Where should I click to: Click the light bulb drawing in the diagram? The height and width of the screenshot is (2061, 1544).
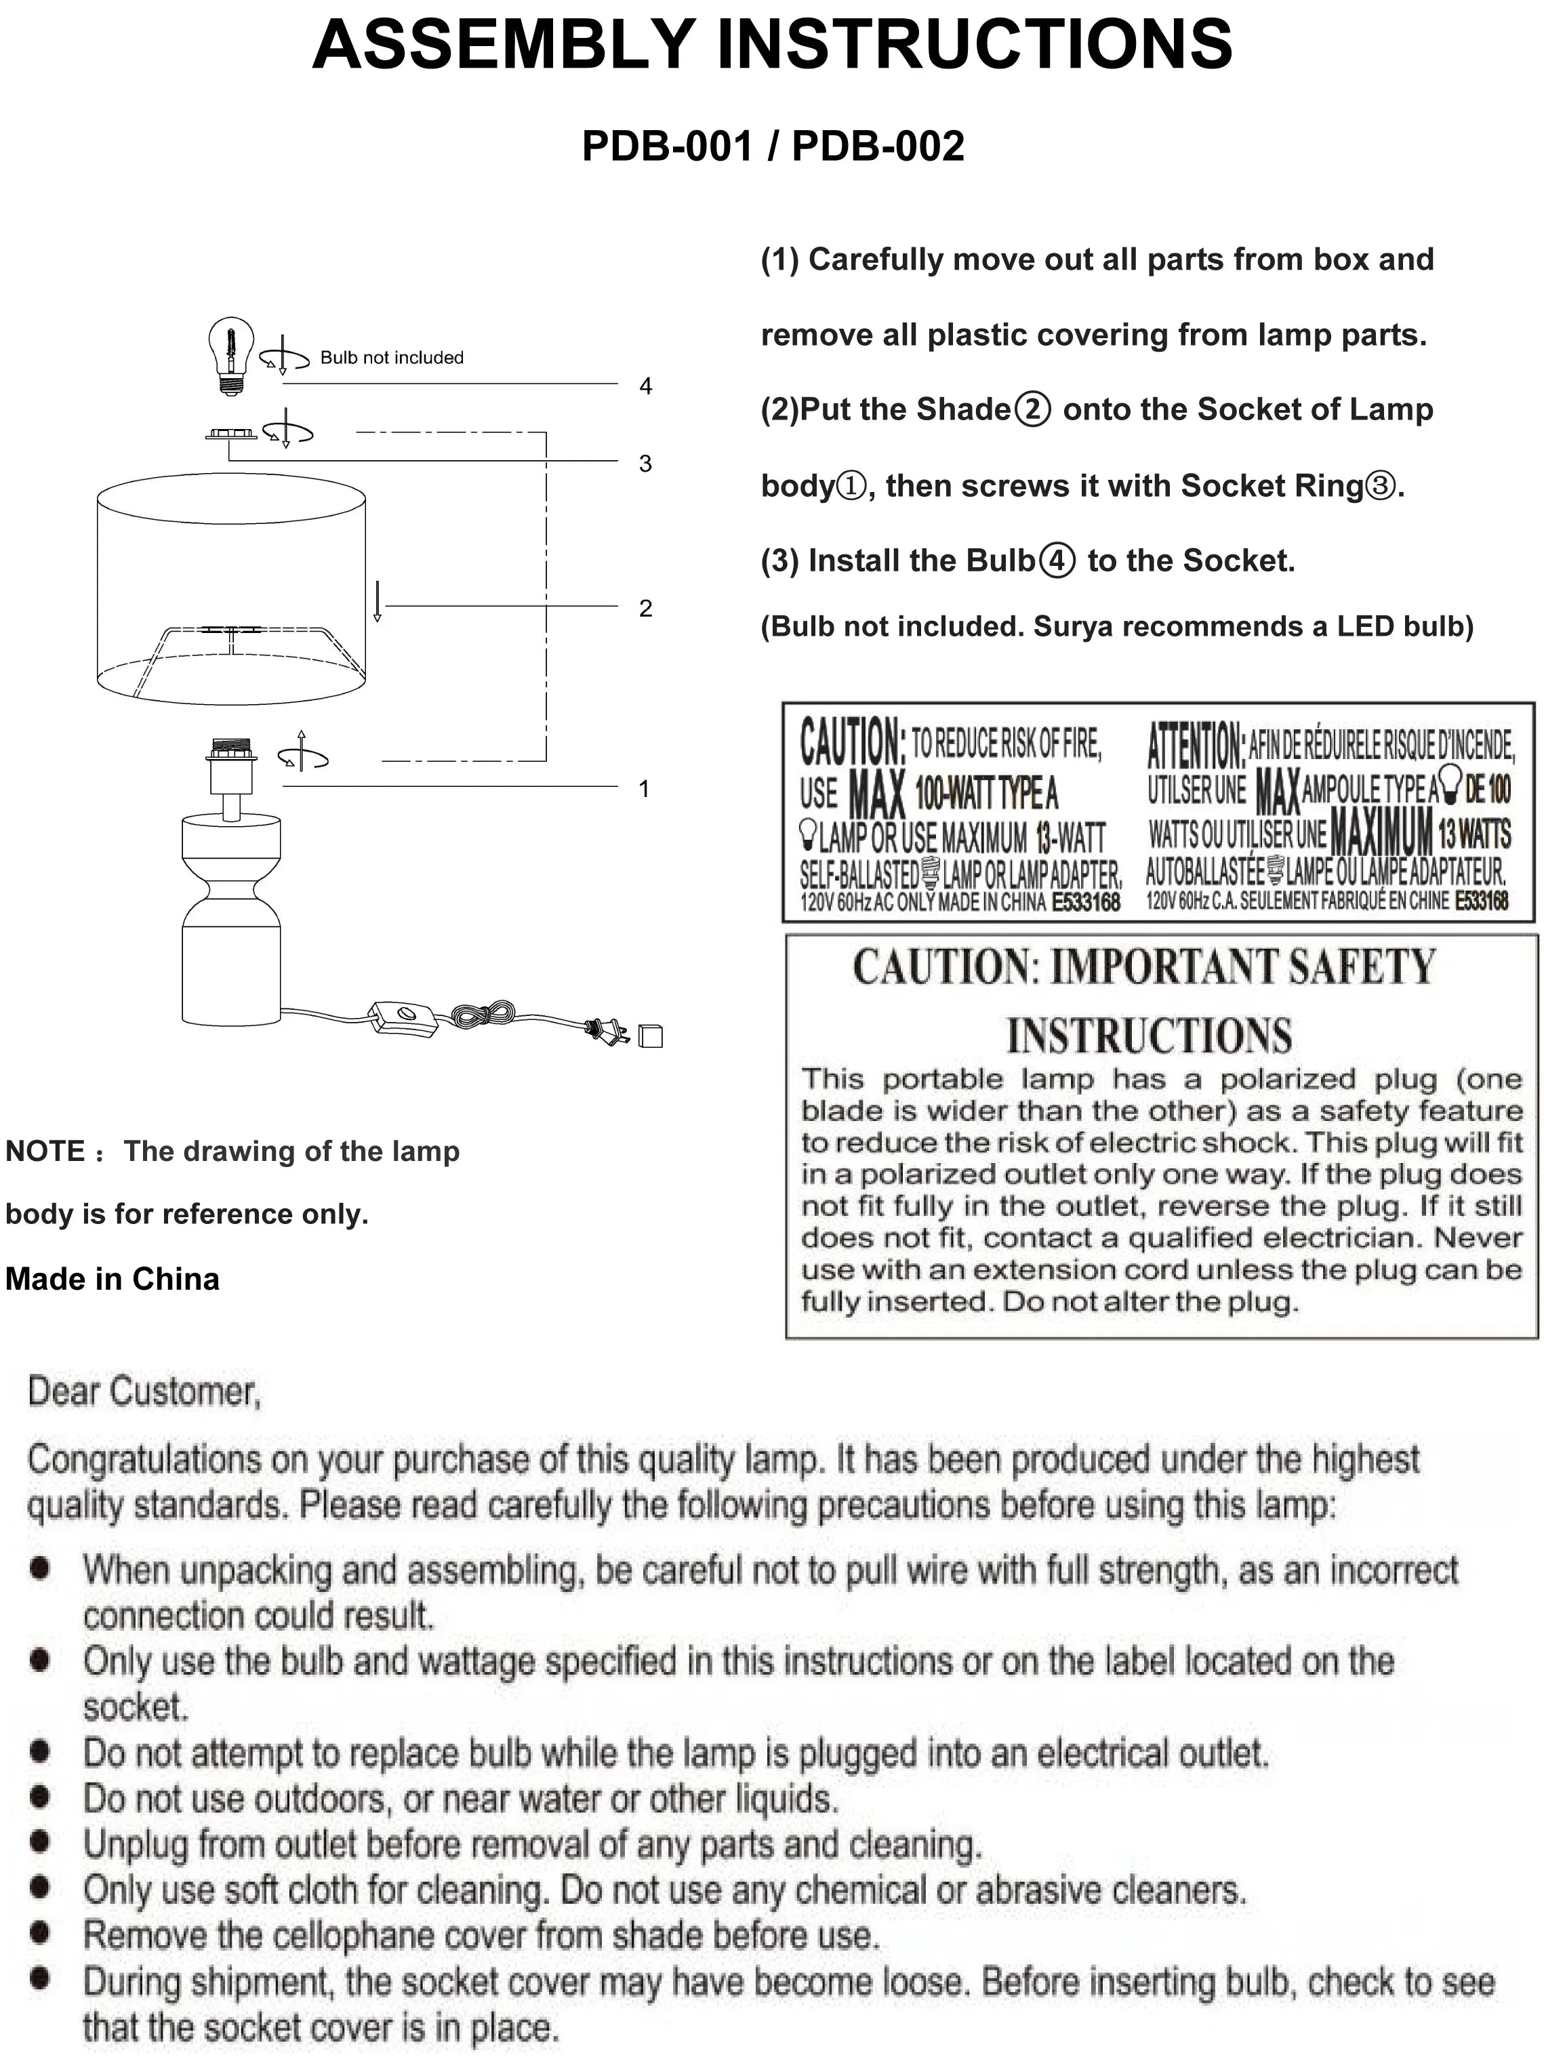tap(231, 355)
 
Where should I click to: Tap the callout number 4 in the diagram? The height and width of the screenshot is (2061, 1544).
tap(646, 386)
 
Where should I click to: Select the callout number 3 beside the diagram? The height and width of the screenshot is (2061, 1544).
tap(645, 463)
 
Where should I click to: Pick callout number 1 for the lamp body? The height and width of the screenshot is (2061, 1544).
tap(644, 789)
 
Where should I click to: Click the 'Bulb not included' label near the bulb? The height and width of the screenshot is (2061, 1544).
tap(391, 358)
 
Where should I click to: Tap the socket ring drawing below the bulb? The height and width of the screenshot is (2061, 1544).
tap(230, 434)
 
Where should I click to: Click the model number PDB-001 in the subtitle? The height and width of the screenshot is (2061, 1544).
tap(666, 146)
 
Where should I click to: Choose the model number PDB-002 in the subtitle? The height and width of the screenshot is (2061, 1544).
tap(878, 146)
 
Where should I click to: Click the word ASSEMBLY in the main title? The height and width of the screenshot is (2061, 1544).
tap(504, 44)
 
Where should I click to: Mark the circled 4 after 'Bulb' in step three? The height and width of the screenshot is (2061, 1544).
tap(1057, 561)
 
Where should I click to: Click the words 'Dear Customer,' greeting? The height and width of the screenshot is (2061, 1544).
tap(144, 1391)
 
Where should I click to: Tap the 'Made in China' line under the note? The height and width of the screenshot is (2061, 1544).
tap(113, 1280)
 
